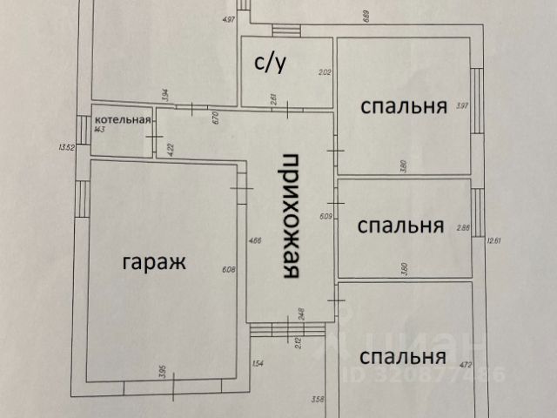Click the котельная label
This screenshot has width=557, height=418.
(x=124, y=119)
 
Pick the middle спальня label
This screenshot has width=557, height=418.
(x=402, y=226)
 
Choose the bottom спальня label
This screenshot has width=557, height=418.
(x=403, y=356)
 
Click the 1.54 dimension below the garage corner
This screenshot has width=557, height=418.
(x=258, y=364)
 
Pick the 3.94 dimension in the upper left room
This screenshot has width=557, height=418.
(x=165, y=97)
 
